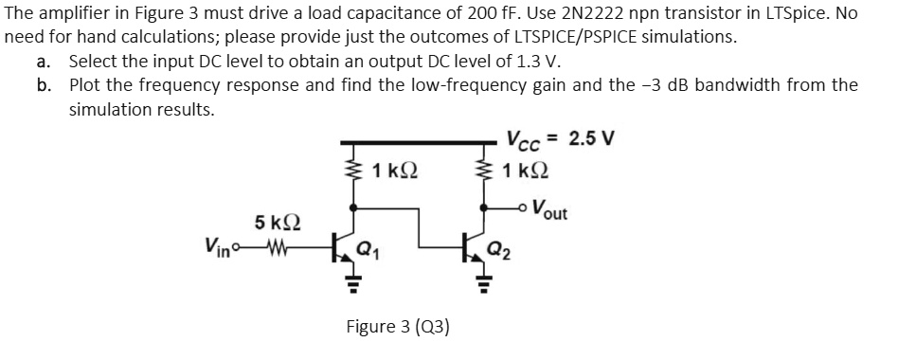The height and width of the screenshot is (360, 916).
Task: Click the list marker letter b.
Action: coord(45,84)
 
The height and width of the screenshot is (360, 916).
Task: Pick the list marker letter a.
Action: coord(44,61)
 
